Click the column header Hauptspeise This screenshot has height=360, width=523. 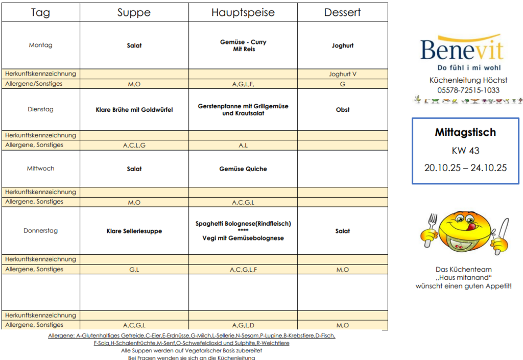pos(243,13)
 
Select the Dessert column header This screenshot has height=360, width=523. pos(342,13)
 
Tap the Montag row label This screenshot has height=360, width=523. pos(41,45)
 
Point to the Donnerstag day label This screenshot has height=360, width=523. pos(41,231)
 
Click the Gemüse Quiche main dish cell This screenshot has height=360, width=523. pos(243,169)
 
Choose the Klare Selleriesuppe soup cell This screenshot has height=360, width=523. pos(134,231)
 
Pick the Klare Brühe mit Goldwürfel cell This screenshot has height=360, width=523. pos(134,110)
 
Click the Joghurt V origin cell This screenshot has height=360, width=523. pos(342,74)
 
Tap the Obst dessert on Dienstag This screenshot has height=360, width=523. pos(342,110)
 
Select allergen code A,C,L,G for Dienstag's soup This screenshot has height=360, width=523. pos(134,146)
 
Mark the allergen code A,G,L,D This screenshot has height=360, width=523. pos(243,325)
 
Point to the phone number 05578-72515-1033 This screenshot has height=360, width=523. pos(468,90)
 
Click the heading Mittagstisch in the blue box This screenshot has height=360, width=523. pos(465,133)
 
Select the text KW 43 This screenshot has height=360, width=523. pos(465,151)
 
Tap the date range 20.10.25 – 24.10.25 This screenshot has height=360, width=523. pos(465,167)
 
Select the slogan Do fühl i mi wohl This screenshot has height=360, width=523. pos(469,68)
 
